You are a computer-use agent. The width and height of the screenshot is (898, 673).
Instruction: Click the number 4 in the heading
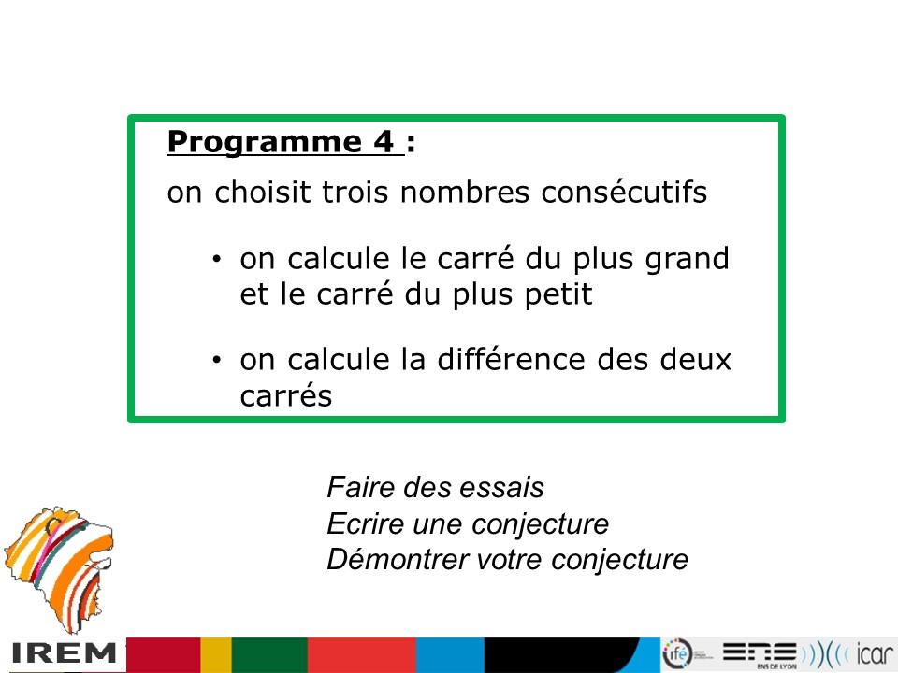coord(384,141)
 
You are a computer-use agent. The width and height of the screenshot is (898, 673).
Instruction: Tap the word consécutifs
coord(624,192)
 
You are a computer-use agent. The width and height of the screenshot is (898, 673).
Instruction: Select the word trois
coord(355,193)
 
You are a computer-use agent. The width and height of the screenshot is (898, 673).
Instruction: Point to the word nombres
coord(465,193)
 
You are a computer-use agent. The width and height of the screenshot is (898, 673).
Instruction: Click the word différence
coord(512,360)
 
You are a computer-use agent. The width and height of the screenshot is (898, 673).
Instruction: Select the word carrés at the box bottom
coord(286,395)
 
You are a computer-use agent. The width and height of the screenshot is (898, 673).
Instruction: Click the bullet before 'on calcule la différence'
coord(216,361)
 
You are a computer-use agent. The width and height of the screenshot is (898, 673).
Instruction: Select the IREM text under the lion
coord(63,653)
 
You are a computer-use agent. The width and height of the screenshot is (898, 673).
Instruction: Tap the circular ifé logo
coord(677,653)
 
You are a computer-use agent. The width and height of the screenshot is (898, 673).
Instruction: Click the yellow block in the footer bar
coord(216,655)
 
